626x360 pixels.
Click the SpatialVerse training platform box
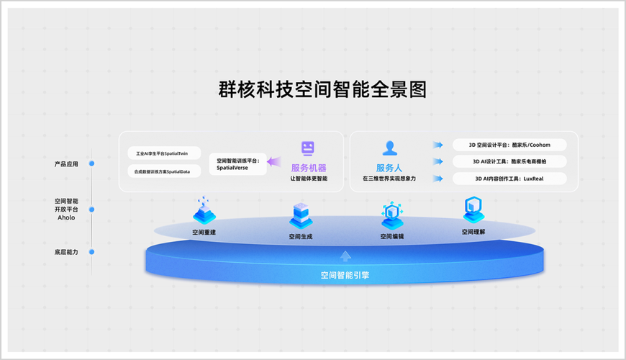pos(238,163)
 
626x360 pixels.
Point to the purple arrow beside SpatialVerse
pos(276,163)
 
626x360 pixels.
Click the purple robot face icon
pos(308,149)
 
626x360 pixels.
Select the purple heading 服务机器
pos(309,168)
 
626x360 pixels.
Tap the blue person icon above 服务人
pos(389,148)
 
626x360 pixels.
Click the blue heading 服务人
pos(389,168)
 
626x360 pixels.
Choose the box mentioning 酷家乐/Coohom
pos(509,145)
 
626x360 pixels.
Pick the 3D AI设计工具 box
pos(509,161)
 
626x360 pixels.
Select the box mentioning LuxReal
pos(509,179)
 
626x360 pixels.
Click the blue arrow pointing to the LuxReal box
pos(437,179)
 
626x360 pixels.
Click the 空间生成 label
pos(301,236)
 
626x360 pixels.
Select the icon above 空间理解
pos(473,210)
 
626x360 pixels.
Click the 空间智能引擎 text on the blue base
pos(345,274)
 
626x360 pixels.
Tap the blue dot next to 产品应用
pos(91,163)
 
